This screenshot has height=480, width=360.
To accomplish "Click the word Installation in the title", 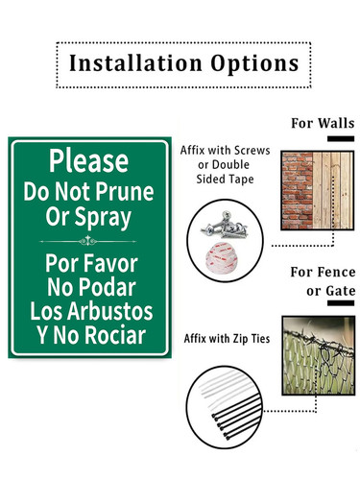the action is coord(135,63).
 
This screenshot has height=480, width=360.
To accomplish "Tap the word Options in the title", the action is coord(254,64).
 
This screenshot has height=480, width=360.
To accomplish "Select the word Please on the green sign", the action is coord(88,160).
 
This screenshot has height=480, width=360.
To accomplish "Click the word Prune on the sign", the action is coord(125,192).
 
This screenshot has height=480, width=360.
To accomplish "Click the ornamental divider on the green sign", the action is coord(88,241).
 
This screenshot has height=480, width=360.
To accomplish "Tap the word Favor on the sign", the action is coord(109,263).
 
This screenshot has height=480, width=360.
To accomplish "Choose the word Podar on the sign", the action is coord(108,287).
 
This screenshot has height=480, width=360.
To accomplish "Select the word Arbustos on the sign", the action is coord(109,311).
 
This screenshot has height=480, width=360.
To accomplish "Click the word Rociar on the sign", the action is coord(115,335).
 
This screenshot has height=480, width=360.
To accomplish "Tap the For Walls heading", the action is coord(323,123).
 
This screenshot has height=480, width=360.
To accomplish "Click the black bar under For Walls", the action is coord(341,138).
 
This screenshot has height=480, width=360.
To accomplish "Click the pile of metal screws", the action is coord(225,225).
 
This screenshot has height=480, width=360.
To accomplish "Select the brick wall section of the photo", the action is coord(298,190).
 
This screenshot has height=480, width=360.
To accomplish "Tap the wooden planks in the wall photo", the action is coord(333,190).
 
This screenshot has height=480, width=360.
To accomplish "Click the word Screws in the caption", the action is coord(252,151).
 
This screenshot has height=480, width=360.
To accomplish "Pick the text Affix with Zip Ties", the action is coord(227,339).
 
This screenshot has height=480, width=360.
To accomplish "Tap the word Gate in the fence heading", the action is coord(341,291).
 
